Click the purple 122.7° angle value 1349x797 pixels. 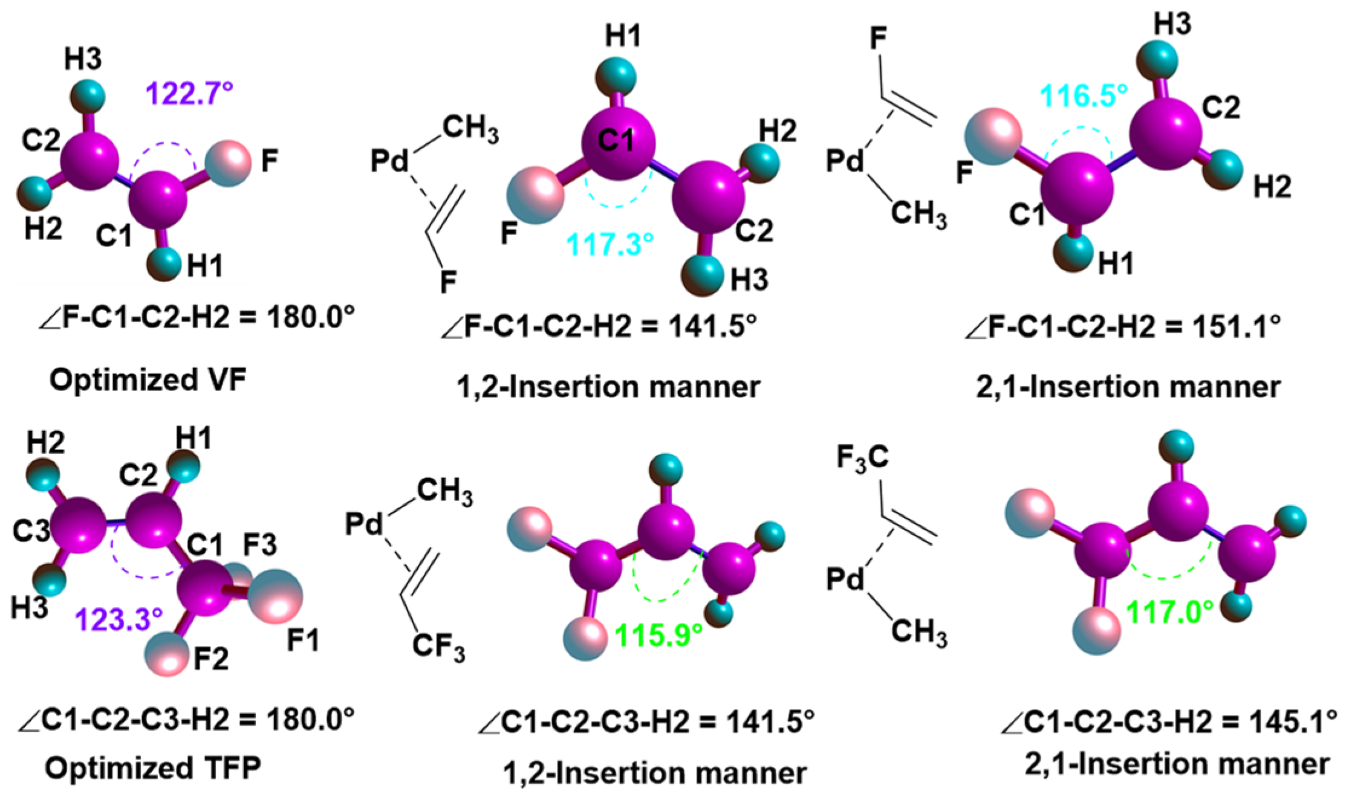(x=189, y=94)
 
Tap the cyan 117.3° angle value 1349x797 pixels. (x=609, y=244)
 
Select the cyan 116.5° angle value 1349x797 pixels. (x=1084, y=96)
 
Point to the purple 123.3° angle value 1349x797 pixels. (x=119, y=619)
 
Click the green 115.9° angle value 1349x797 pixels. (x=658, y=635)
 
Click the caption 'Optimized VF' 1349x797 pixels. (x=148, y=380)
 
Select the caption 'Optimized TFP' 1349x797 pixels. (x=152, y=767)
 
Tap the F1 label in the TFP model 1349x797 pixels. (x=303, y=640)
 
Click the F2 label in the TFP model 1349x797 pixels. (x=211, y=659)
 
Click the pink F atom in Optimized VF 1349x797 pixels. (x=228, y=163)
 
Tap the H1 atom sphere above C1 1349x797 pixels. (x=616, y=77)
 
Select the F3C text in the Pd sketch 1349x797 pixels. (x=862, y=457)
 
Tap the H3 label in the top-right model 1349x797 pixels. (x=1172, y=24)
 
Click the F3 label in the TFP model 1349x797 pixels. (x=259, y=544)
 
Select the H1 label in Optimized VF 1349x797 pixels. (x=205, y=265)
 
